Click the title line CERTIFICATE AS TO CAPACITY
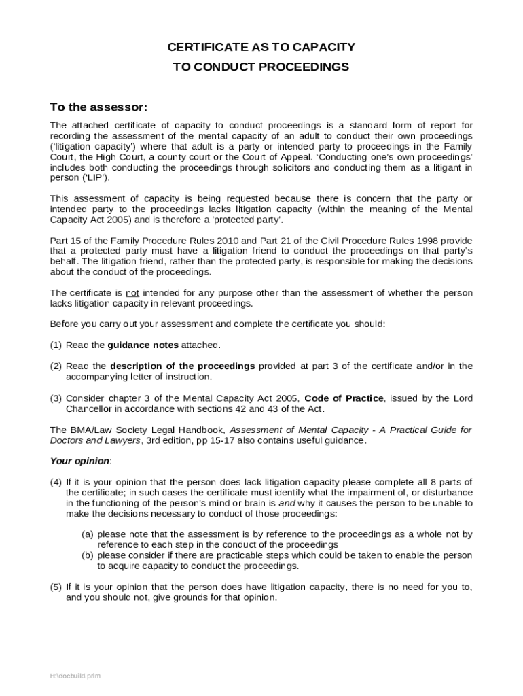click(261, 47)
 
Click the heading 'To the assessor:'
click(98, 108)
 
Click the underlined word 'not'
click(133, 293)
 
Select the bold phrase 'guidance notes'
click(143, 345)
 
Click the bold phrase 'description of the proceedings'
click(182, 366)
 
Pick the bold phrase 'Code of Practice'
click(344, 398)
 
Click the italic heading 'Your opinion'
click(79, 461)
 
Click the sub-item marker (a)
click(88, 534)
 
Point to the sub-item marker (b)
click(88, 555)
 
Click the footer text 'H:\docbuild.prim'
click(75, 676)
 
